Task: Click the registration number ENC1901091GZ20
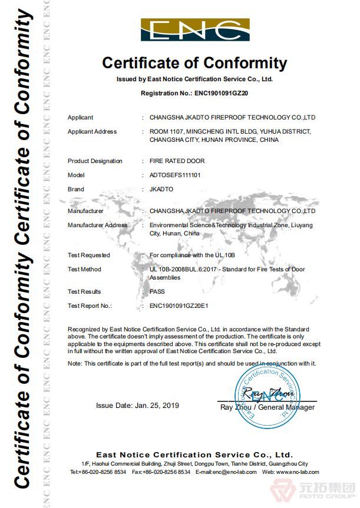click(x=221, y=93)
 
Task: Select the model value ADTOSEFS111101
click(x=175, y=175)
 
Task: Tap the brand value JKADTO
click(x=161, y=189)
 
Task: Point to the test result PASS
click(x=157, y=291)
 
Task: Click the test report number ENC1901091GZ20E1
click(x=179, y=306)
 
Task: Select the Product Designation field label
click(x=95, y=161)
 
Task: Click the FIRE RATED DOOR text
click(x=177, y=161)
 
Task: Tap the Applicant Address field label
click(x=92, y=131)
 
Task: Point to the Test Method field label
click(x=84, y=269)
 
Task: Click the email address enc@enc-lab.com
click(x=234, y=472)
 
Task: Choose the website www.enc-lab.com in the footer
click(x=298, y=472)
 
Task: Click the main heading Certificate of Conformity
click(x=194, y=63)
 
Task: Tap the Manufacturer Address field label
click(x=97, y=225)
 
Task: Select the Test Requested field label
click(x=88, y=255)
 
